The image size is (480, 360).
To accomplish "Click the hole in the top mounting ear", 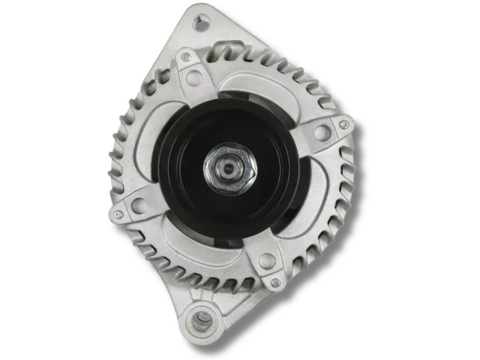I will (x=199, y=21).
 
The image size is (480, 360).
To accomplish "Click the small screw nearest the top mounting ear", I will (x=185, y=57).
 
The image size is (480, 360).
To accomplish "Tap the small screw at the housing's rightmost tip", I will (x=343, y=125).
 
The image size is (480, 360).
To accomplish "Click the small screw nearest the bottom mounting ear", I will (x=275, y=283).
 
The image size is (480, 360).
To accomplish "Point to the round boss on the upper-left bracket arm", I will (x=193, y=77).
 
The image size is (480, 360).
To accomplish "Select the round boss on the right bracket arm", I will (x=322, y=133).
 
